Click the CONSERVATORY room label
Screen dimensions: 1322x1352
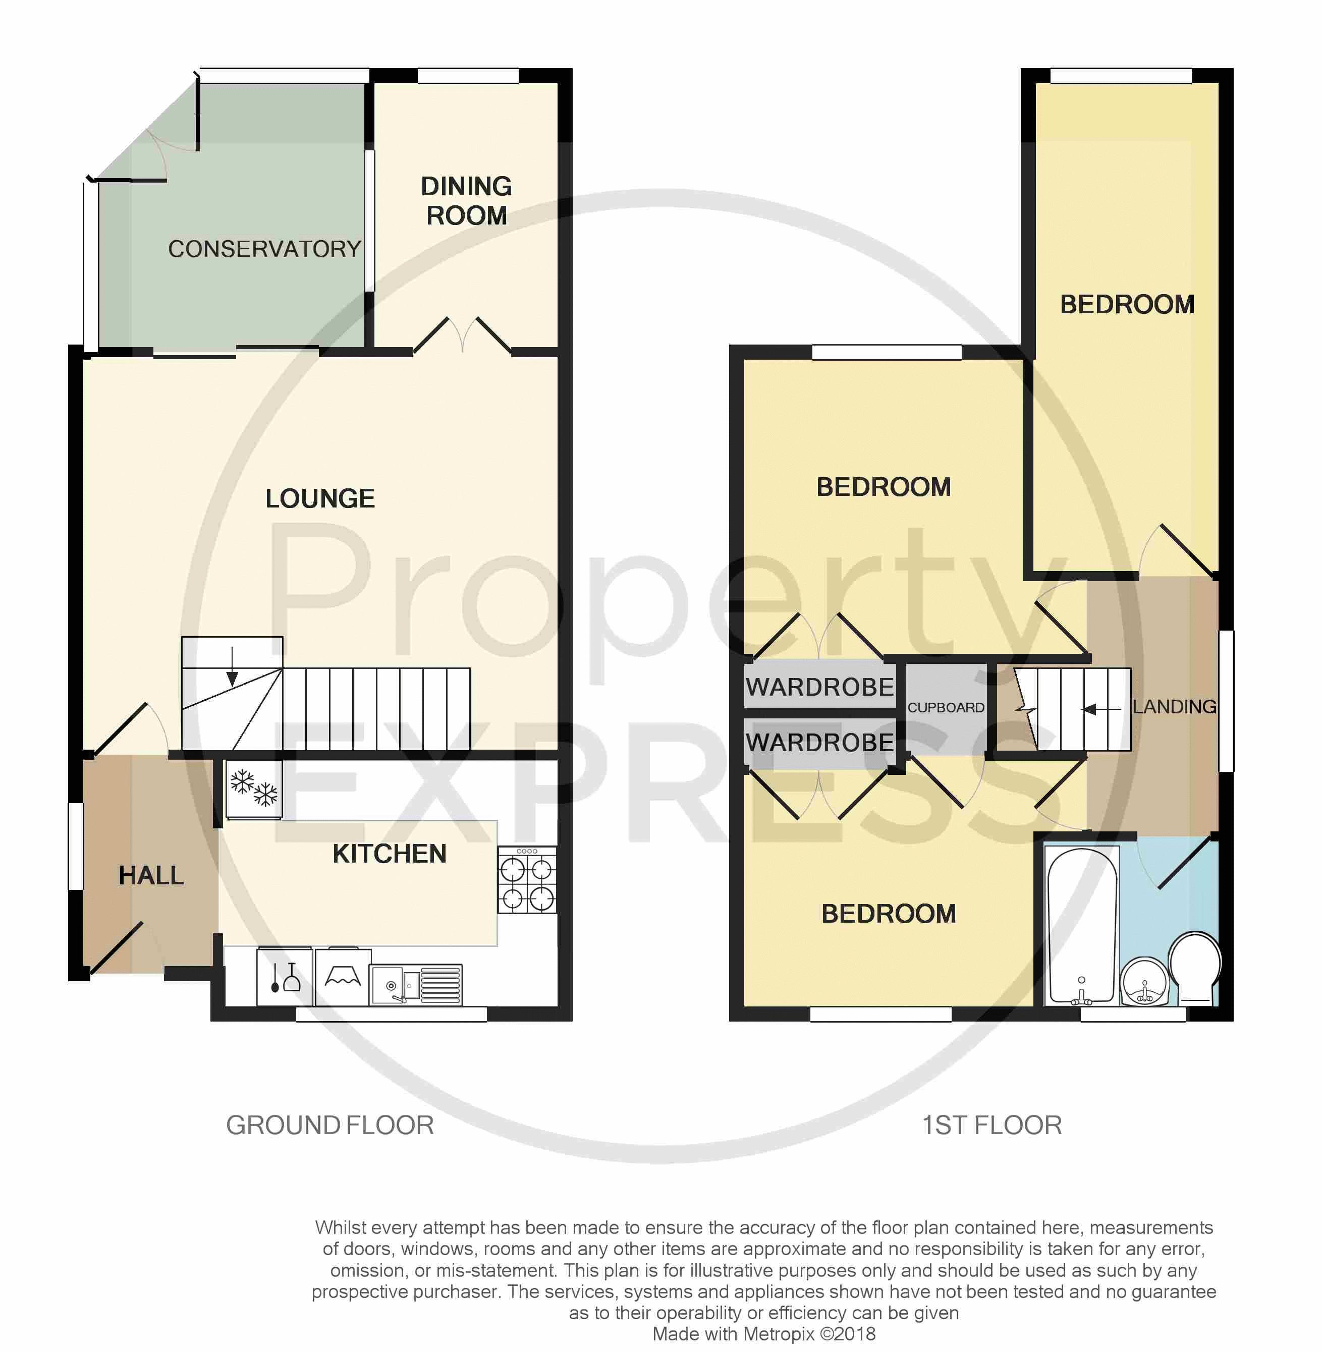coord(264,249)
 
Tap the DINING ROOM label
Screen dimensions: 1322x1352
coord(467,201)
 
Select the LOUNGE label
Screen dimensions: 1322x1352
coord(320,498)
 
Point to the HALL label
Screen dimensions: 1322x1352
coord(151,875)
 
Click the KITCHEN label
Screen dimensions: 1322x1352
coord(390,854)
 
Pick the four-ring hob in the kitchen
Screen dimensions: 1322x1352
coord(527,879)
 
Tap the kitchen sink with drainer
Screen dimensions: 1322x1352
coord(416,985)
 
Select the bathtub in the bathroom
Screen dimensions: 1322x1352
coord(1082,926)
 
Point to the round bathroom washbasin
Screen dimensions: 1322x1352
coord(1145,981)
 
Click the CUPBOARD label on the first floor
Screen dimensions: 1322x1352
coord(946,707)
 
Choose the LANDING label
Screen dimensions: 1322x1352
coord(1175,707)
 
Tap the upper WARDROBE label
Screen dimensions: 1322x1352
coord(820,687)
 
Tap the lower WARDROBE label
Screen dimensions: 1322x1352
coord(820,743)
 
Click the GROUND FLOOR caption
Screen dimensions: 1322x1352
coord(330,1125)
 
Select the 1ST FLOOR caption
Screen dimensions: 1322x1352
coord(991,1125)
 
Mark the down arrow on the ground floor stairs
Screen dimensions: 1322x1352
coord(233,665)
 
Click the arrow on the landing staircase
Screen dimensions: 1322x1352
coord(1102,709)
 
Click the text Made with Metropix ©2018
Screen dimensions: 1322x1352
coord(764,1334)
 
